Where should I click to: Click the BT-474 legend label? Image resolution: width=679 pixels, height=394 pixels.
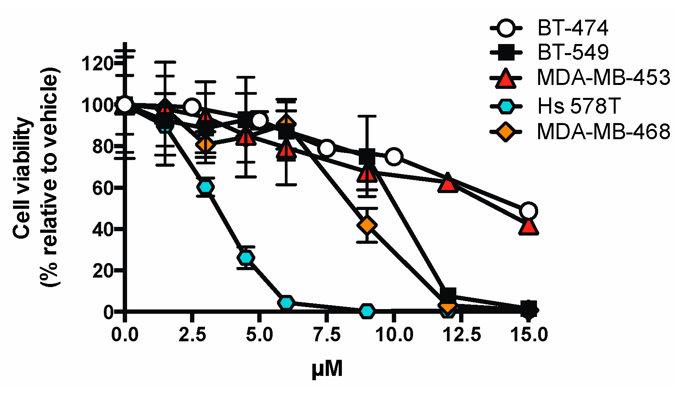click(572, 28)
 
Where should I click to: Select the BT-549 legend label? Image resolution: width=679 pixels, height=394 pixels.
click(572, 52)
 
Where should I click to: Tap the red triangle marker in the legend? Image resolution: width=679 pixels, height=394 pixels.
click(506, 78)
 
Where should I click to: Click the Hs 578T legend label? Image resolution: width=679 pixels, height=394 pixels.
click(578, 106)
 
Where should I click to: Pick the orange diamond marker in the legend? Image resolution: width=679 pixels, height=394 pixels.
click(506, 131)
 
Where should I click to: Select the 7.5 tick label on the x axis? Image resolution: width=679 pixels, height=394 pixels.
click(327, 335)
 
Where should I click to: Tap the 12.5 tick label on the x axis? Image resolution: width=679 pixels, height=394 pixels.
click(461, 335)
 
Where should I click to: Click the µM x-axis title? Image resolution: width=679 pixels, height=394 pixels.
click(327, 369)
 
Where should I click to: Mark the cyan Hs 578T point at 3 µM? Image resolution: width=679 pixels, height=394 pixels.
click(205, 187)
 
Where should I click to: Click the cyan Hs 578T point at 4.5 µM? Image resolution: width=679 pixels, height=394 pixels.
click(246, 258)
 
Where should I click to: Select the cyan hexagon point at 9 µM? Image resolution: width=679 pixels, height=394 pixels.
click(367, 311)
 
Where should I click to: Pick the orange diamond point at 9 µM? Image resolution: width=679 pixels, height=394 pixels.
click(367, 225)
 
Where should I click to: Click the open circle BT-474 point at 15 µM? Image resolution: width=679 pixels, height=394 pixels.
click(528, 211)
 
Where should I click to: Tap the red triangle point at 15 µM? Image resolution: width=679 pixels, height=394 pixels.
click(528, 227)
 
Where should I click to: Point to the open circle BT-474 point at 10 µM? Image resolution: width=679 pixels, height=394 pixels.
click(394, 156)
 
